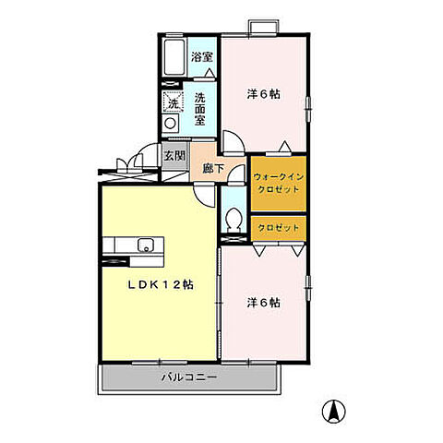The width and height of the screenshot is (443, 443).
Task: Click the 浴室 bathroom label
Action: [201, 57]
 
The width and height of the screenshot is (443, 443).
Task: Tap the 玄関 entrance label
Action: [174, 155]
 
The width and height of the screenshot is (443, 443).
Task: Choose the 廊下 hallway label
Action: [210, 170]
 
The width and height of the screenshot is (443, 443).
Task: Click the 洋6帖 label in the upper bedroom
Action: [264, 94]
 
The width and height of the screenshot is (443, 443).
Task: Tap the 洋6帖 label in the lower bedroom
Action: [265, 302]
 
